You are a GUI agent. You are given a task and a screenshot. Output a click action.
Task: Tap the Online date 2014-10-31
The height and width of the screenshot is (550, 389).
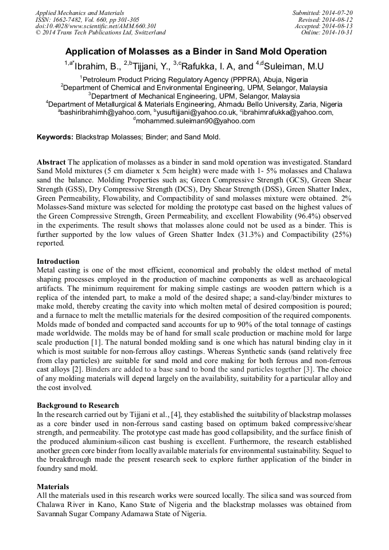(x=337, y=33)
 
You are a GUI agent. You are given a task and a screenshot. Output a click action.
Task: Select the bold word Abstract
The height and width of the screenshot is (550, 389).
(x=51, y=163)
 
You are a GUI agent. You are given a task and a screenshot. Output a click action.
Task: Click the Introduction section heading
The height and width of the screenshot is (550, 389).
(x=58, y=262)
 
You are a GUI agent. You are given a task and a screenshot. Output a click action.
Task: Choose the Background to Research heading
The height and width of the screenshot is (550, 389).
(x=77, y=405)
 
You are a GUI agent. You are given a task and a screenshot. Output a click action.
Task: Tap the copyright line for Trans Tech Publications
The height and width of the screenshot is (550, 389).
(x=100, y=33)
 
